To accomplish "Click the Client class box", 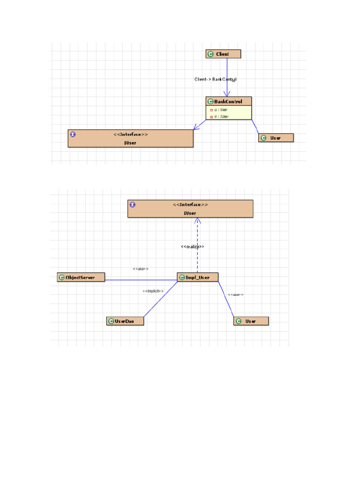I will click(223, 54).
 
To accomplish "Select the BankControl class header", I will click(228, 101).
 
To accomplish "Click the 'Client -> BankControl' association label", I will click(215, 79).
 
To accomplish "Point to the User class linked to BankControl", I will click(276, 138).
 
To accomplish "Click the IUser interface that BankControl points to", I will click(130, 138).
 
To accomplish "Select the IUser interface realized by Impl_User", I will click(190, 209).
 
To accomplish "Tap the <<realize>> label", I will click(192, 247).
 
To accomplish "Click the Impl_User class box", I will click(197, 277).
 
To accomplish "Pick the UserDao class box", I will click(125, 321).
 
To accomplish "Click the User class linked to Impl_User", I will click(251, 321).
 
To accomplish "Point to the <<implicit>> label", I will click(153, 291).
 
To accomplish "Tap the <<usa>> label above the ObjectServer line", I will click(141, 269).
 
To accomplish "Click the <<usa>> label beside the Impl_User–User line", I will click(235, 294).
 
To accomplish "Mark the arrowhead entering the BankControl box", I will click(227, 94).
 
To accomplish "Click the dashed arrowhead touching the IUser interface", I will click(198, 221).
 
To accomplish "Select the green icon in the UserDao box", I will click(111, 321).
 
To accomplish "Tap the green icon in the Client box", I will click(210, 54).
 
